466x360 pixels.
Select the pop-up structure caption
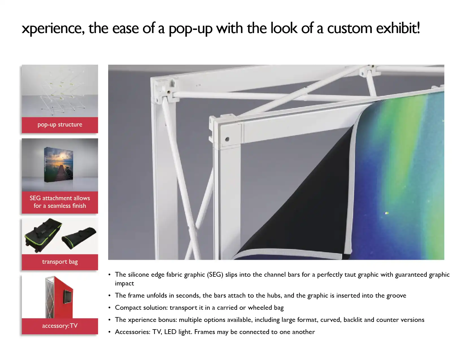60,125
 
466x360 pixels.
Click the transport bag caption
60,262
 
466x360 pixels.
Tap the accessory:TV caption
60,326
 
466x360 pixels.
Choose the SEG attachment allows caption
60,198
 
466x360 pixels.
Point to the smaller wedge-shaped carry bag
79,237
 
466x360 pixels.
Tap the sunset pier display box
58,165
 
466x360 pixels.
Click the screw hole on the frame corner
227,139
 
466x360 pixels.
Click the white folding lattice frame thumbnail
60,91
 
